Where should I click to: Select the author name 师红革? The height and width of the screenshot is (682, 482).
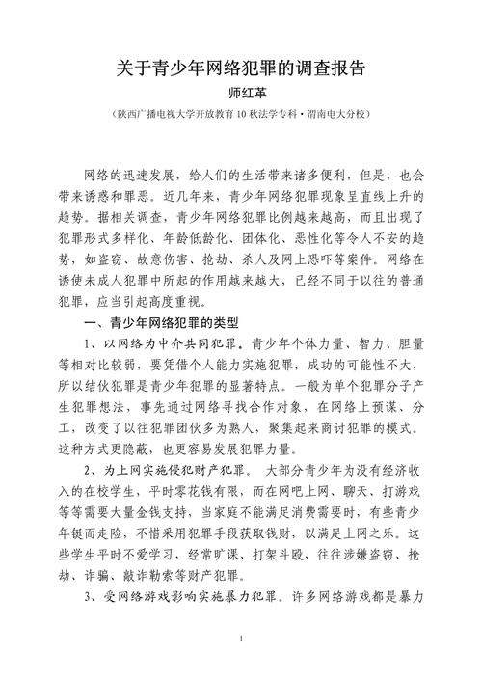click(x=241, y=95)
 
